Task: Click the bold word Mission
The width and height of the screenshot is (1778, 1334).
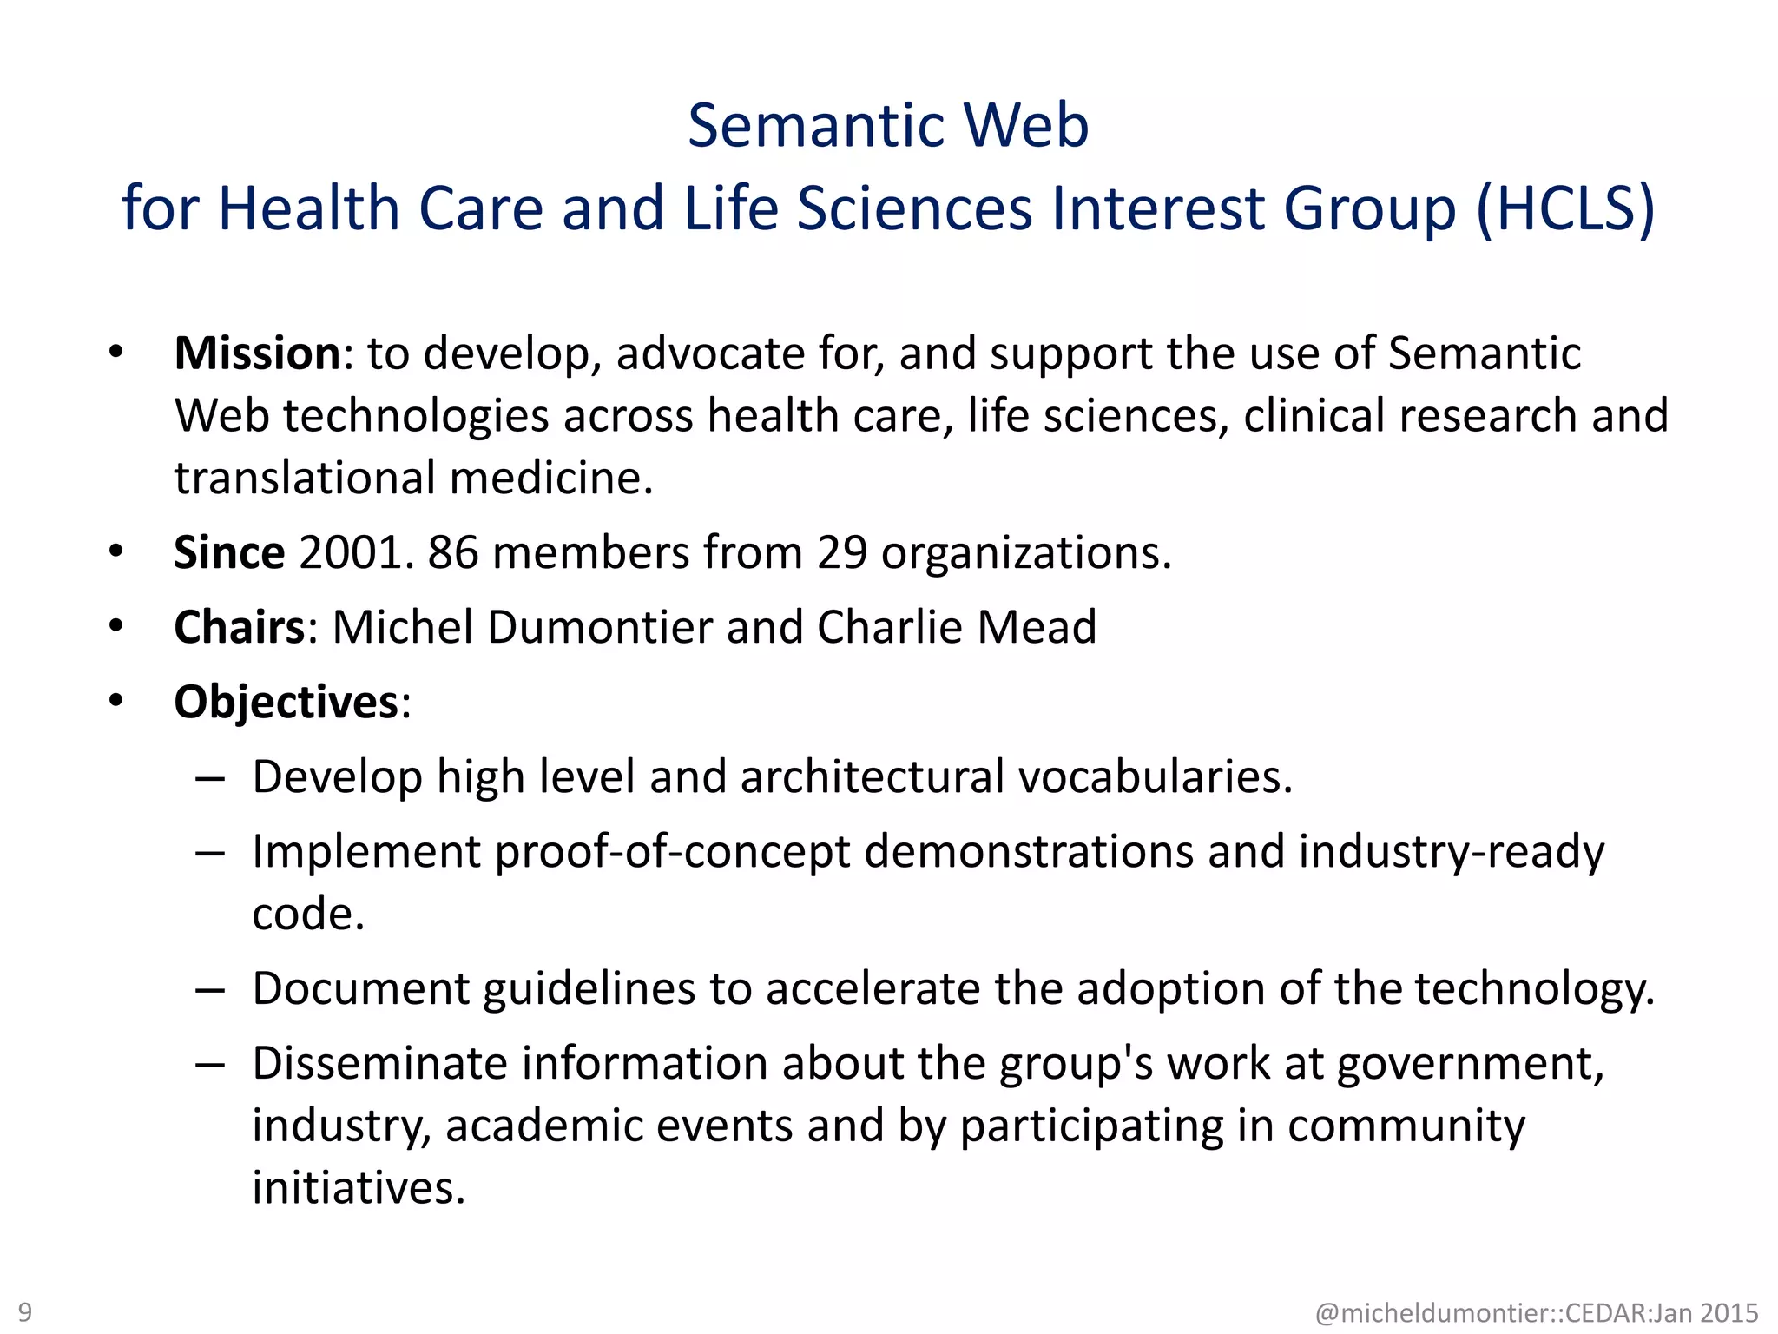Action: tap(257, 353)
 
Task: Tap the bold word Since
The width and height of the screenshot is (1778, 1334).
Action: tap(228, 552)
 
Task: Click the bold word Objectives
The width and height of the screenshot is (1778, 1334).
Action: tap(286, 702)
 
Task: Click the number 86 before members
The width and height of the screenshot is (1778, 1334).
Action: tap(452, 552)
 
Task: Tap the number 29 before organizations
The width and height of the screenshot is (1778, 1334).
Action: tap(841, 552)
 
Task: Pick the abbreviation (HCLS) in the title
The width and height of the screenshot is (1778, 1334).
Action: tap(1565, 208)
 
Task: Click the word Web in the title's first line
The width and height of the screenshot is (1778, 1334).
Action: tap(1026, 126)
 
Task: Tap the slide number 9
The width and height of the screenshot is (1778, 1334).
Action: tap(25, 1311)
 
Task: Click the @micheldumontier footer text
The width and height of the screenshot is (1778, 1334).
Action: tap(1537, 1312)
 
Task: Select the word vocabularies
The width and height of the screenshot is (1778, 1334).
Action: tap(1155, 776)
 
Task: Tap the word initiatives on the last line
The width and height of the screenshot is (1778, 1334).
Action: tap(359, 1188)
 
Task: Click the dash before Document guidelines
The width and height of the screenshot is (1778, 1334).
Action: tap(210, 990)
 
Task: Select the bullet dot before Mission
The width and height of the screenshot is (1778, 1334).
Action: tap(116, 353)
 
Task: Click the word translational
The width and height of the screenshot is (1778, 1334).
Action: tap(305, 479)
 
